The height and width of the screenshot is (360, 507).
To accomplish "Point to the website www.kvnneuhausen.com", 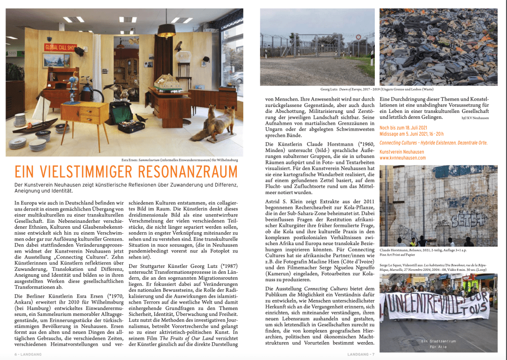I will (x=403, y=158).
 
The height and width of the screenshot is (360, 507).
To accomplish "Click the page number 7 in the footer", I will (x=375, y=355).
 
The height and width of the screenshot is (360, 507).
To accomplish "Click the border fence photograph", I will (x=317, y=47).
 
